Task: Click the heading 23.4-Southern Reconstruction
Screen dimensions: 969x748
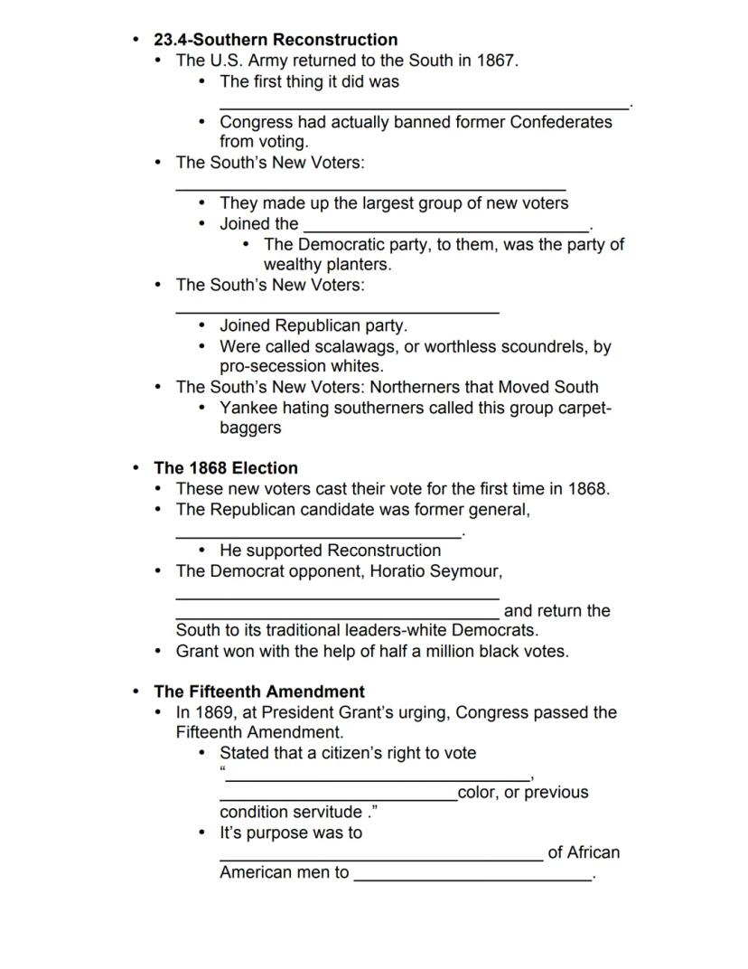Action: tap(276, 40)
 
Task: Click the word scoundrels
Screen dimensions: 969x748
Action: tap(536, 346)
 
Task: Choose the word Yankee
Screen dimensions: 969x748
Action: tap(248, 408)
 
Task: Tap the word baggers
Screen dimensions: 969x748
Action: tap(250, 428)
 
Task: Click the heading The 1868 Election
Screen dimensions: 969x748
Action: tap(226, 468)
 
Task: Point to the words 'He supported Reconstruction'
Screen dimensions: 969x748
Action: tap(330, 550)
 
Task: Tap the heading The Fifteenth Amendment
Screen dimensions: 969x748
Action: tap(259, 692)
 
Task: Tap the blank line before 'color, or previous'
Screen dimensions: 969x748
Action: tap(338, 797)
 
